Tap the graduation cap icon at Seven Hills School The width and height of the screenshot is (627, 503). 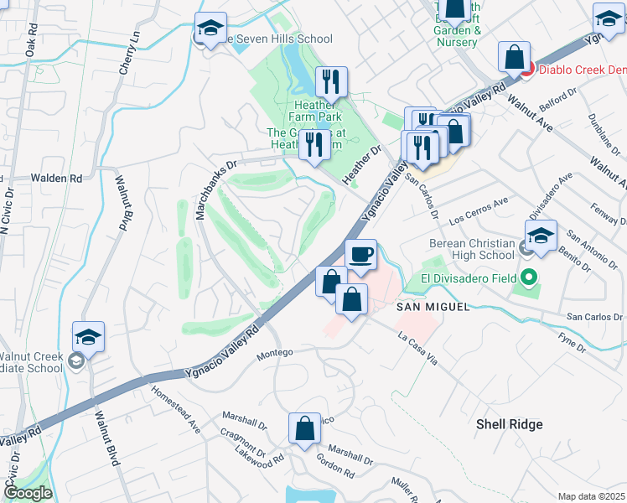[x=211, y=27]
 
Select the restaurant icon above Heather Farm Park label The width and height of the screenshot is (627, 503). [x=331, y=82]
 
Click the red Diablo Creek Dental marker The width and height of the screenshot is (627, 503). [x=526, y=70]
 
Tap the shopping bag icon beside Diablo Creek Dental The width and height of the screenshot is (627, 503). [x=514, y=57]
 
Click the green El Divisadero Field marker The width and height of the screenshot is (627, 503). [x=528, y=277]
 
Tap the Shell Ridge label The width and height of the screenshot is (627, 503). [x=509, y=424]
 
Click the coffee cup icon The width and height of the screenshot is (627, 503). [x=360, y=254]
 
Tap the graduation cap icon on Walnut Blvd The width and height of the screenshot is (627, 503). [x=88, y=337]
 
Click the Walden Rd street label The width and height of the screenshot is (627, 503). [x=56, y=179]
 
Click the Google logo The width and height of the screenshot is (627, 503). [x=28, y=493]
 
